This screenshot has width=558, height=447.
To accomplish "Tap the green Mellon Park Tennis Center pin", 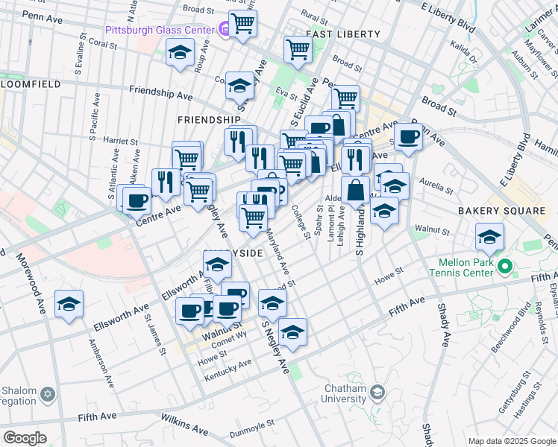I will click(504, 266).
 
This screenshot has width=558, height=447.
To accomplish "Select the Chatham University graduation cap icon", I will click(378, 392).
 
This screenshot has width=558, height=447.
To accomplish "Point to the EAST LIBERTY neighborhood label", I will click(343, 34).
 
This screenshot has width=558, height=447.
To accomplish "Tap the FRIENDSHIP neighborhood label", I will click(209, 119).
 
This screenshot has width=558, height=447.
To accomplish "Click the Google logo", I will click(25, 437).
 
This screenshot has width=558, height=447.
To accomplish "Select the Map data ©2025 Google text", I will click(511, 441).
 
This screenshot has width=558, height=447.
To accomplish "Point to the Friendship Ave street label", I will click(160, 94).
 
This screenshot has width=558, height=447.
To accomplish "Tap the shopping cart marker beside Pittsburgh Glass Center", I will click(243, 24).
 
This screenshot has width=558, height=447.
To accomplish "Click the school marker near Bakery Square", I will click(489, 238).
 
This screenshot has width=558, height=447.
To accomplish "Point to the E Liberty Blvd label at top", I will click(448, 16).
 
